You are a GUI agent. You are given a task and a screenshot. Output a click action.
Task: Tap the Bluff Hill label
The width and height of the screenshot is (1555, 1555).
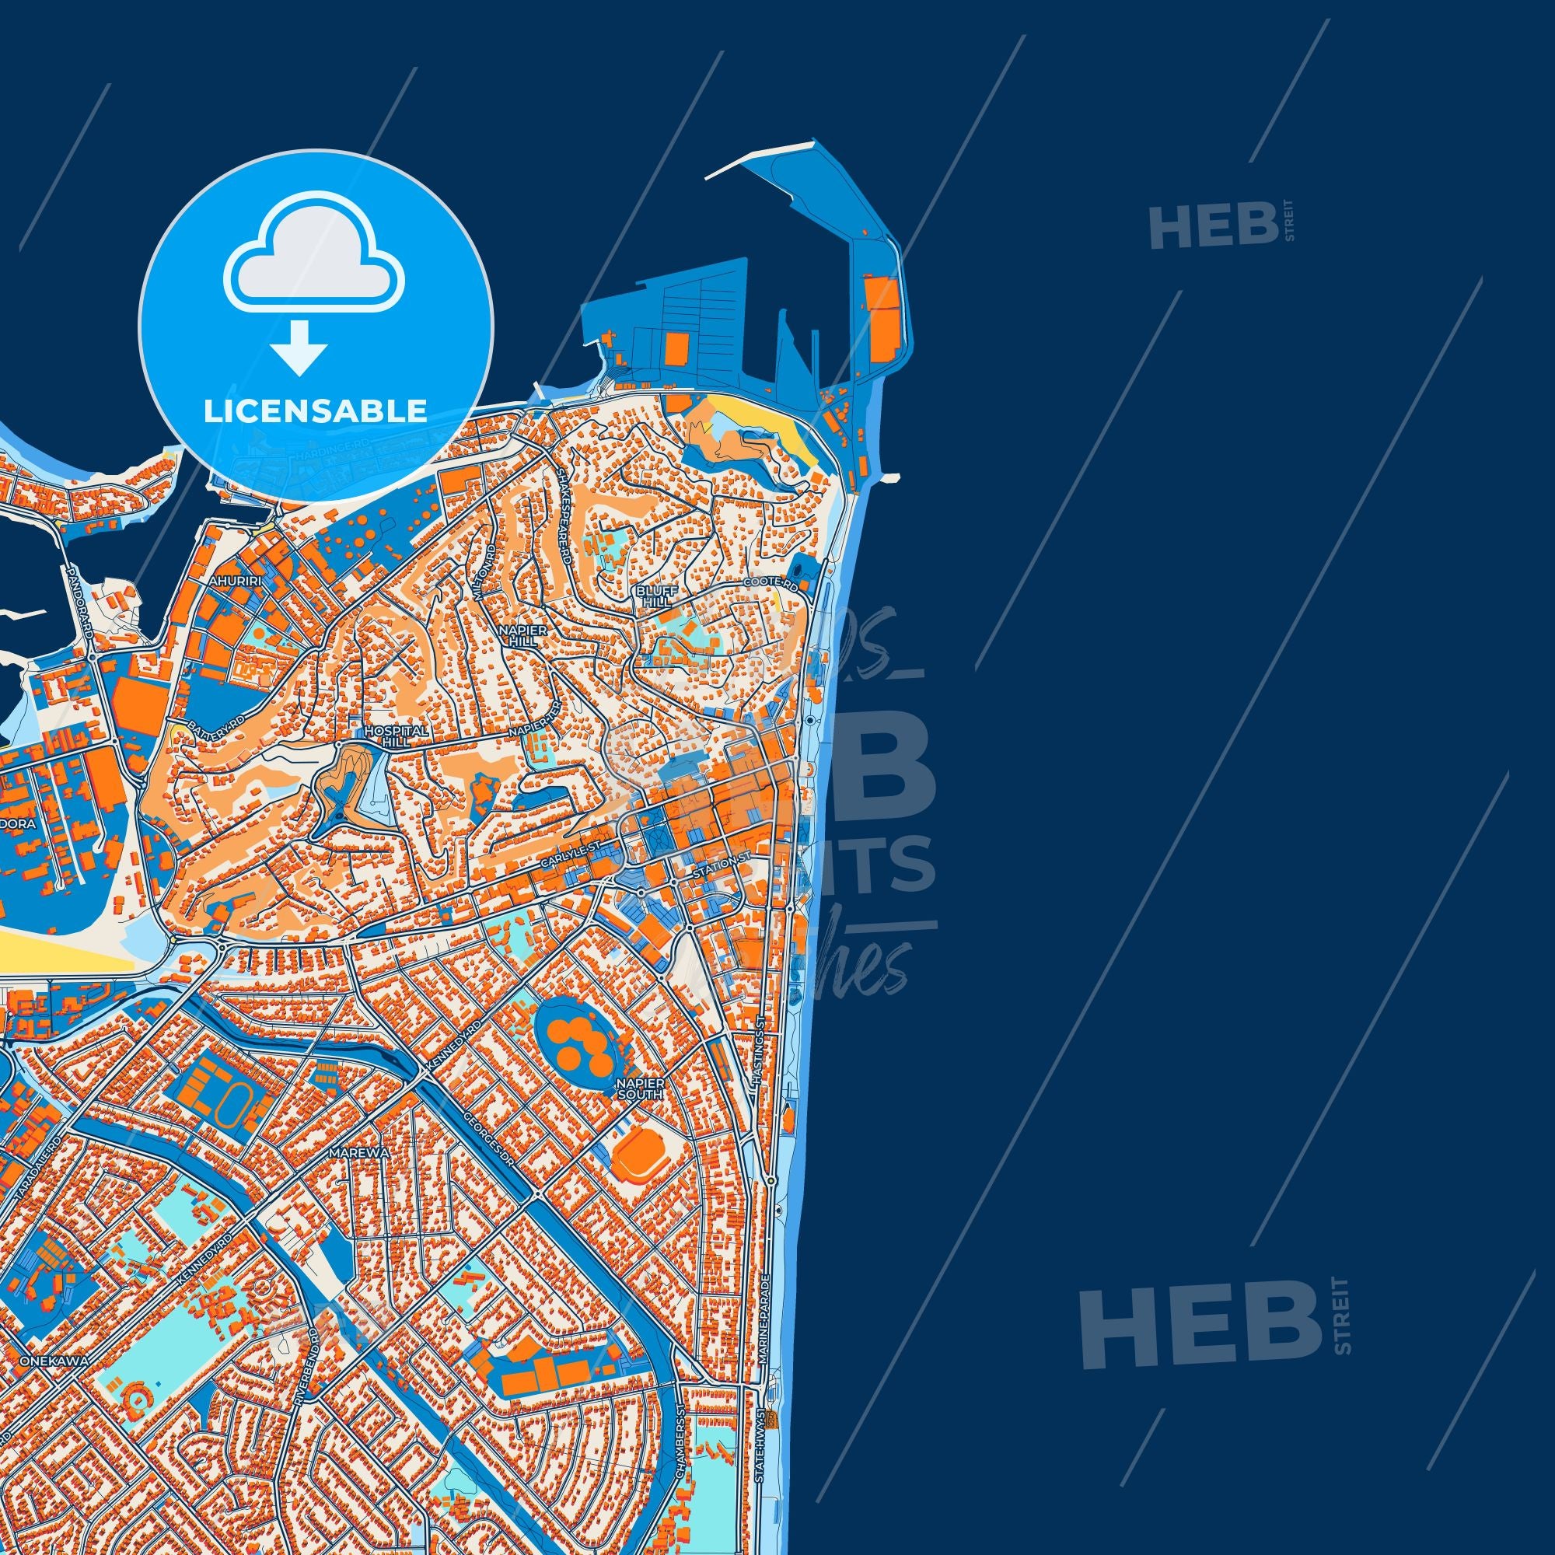click(x=653, y=596)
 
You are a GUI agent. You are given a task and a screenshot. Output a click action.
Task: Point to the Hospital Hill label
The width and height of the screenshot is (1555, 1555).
click(x=386, y=736)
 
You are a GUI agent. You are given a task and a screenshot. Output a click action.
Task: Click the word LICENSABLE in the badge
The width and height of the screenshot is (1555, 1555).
click(x=315, y=411)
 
